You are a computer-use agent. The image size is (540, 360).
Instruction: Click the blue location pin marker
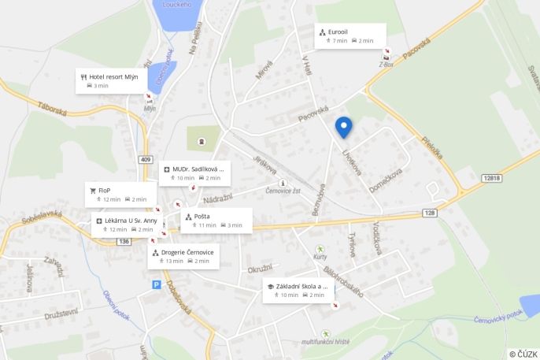pos(343,127)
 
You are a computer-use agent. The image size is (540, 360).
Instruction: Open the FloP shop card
pos(118,195)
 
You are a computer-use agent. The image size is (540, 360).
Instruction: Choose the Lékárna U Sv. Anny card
pos(128,225)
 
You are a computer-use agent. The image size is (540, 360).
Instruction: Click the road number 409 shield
pos(145,160)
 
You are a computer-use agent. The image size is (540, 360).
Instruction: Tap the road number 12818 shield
pos(491,178)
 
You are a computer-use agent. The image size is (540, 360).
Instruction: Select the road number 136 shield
pos(124,241)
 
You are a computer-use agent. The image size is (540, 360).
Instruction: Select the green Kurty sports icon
pos(320,249)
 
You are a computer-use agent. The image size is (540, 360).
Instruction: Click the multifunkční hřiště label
pos(325,342)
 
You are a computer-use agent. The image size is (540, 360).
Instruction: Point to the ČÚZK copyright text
pos(523,354)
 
